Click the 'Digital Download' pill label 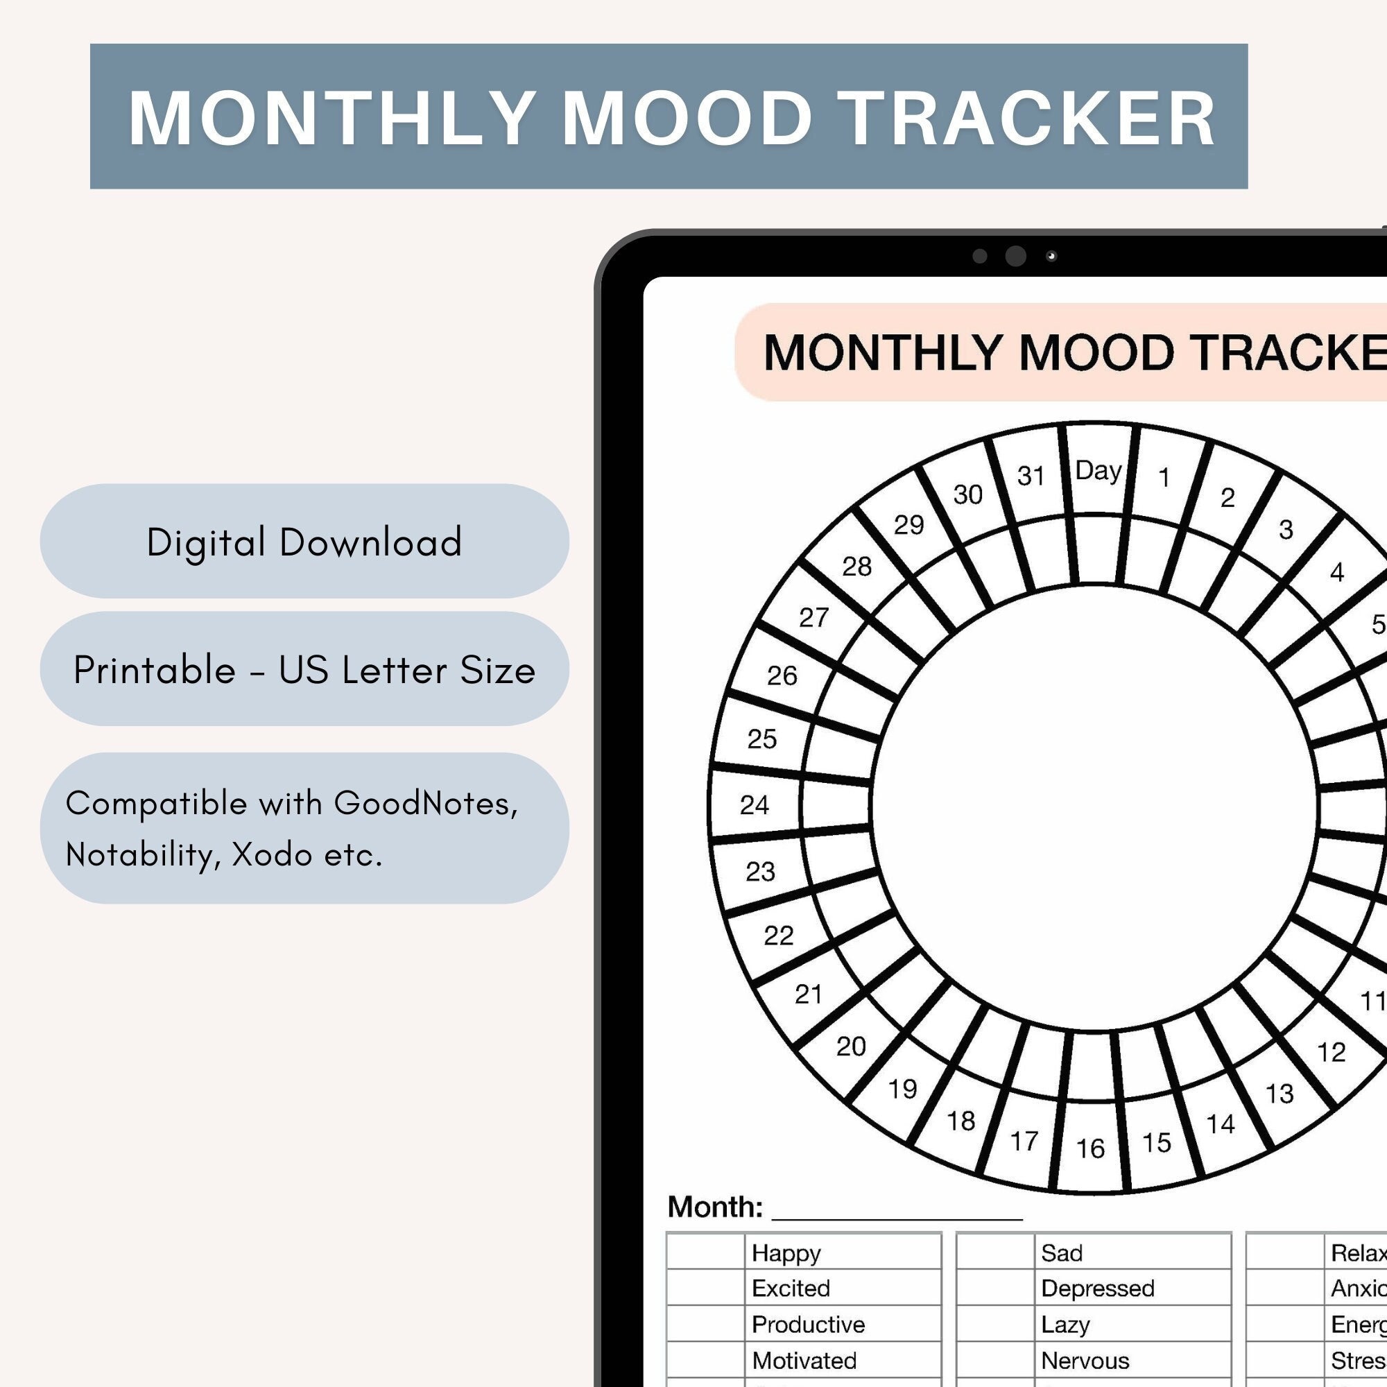coord(304,542)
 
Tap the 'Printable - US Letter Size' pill coord(304,670)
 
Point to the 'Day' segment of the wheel coord(1098,471)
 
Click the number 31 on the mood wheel coord(1031,475)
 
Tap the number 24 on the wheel coord(755,804)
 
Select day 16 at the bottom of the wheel coord(1090,1148)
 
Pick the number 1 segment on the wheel coord(1164,477)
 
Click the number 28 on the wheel coord(856,567)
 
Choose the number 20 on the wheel coord(851,1046)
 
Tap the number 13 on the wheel coord(1280,1094)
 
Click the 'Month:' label coord(714,1207)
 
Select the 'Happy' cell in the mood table coord(786,1252)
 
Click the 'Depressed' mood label coord(1097,1288)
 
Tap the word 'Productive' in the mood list coord(808,1324)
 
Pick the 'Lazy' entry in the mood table coord(1065,1324)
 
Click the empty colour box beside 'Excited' coord(706,1288)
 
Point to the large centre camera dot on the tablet coord(1015,257)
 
